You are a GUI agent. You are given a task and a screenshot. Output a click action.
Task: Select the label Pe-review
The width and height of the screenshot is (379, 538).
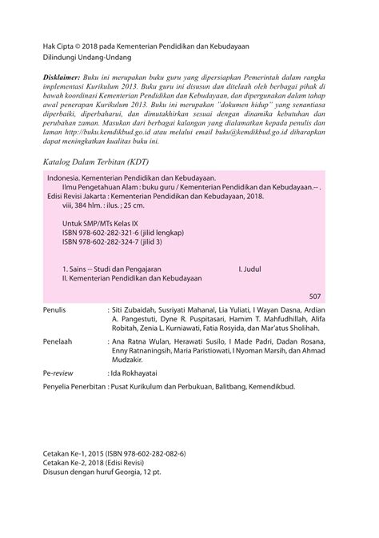pos(58,372)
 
